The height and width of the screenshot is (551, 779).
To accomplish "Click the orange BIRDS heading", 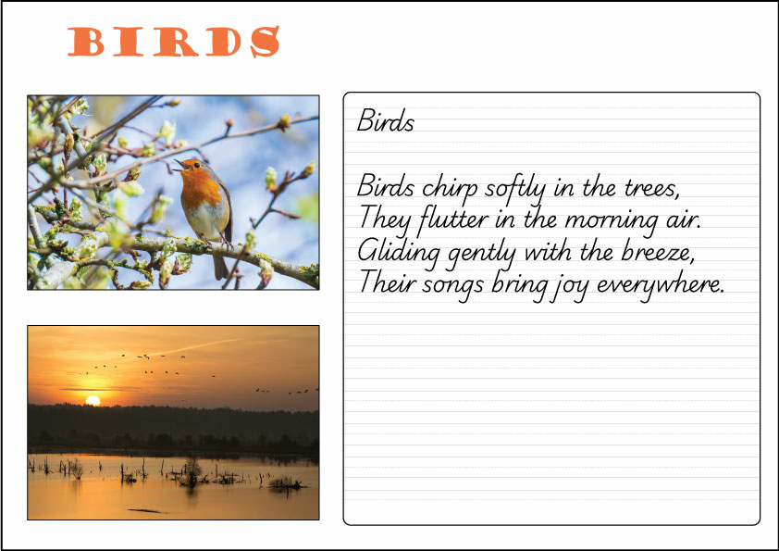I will (x=174, y=42).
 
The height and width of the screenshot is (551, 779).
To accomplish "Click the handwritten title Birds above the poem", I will (x=386, y=122).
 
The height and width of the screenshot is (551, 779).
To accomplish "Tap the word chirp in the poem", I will (x=451, y=187).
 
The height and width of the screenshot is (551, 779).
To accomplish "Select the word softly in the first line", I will (x=516, y=187).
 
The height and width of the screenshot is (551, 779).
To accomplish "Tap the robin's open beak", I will (x=176, y=165).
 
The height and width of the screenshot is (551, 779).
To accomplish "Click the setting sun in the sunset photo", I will (x=92, y=400).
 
